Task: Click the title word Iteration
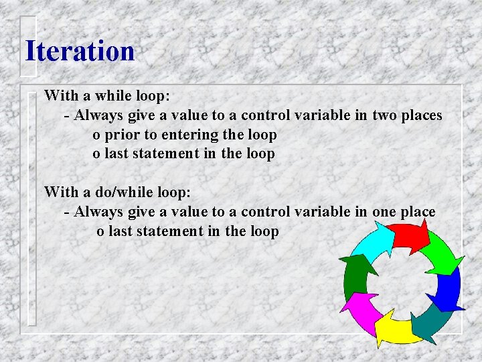[80, 51]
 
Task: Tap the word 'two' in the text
[385, 115]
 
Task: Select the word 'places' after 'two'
[422, 115]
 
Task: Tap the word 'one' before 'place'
[384, 212]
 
